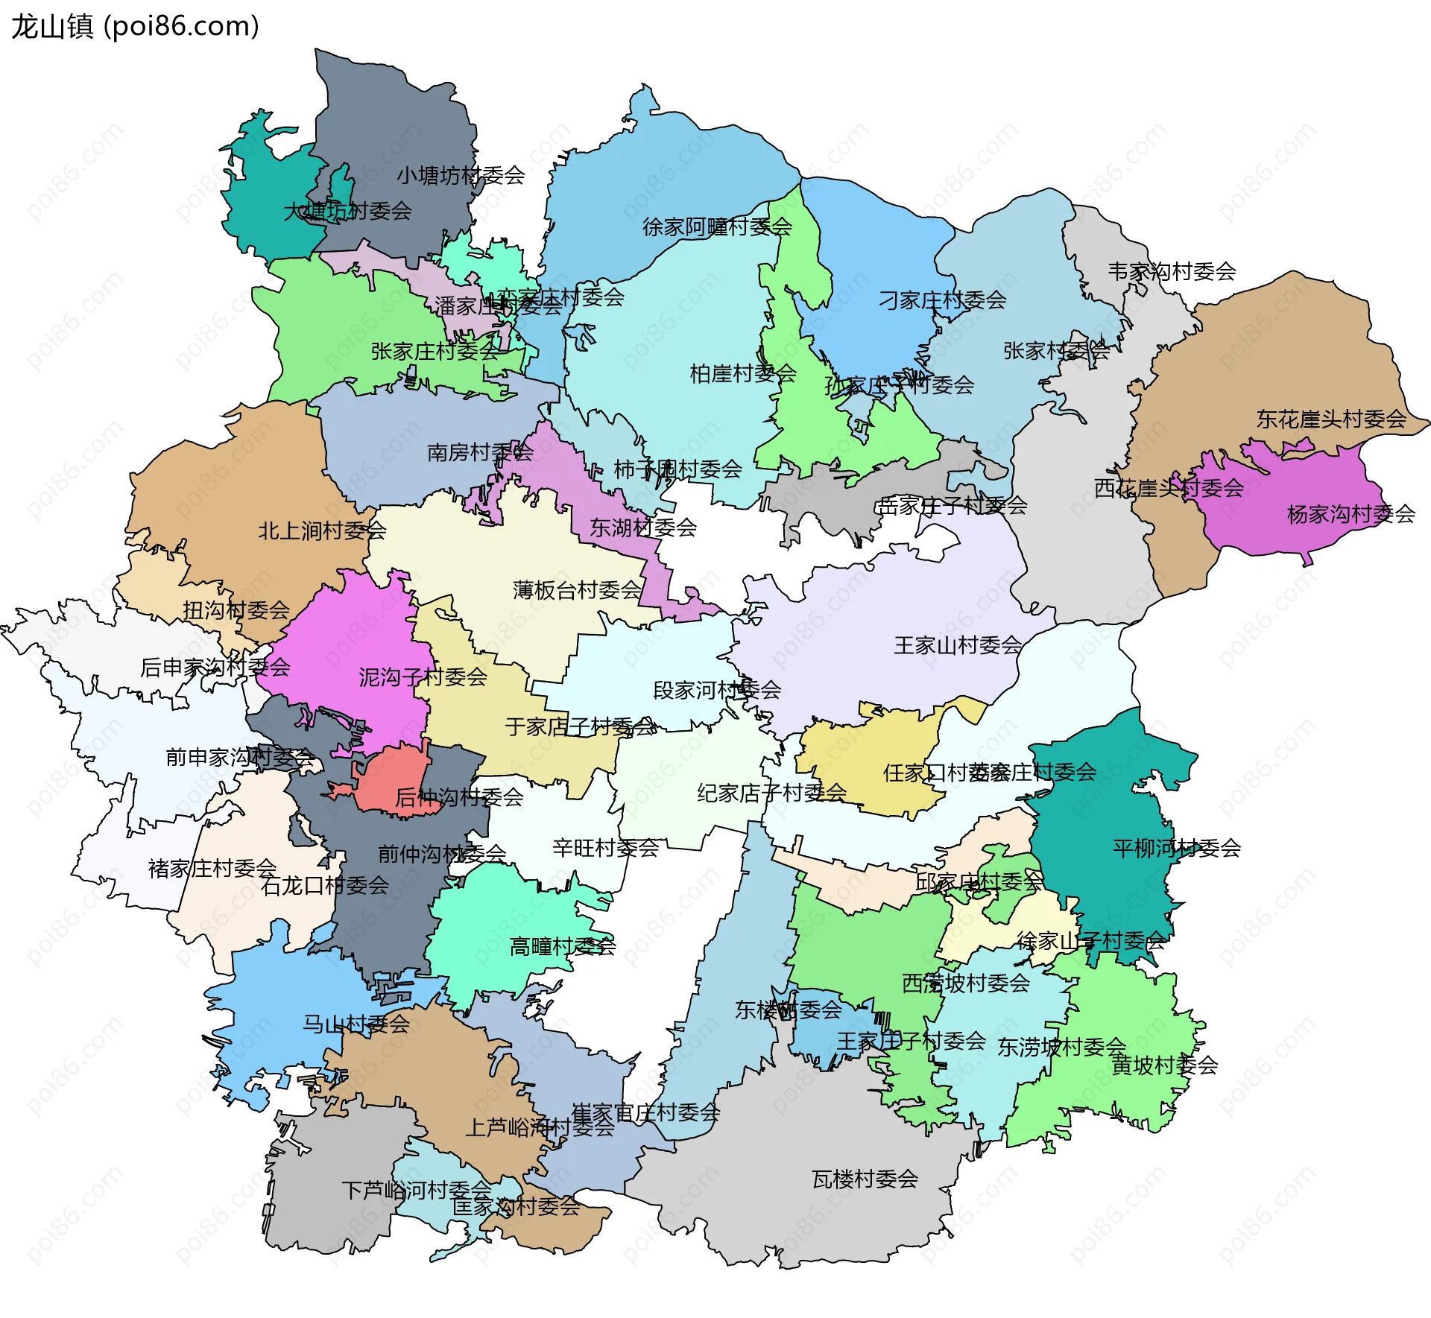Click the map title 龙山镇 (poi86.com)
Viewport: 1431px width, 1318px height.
[135, 27]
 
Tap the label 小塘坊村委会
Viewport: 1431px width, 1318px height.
[460, 176]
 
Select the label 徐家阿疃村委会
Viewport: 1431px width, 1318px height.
[716, 226]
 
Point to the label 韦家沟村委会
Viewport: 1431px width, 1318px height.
[1171, 271]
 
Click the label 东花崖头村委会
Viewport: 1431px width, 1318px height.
[1330, 419]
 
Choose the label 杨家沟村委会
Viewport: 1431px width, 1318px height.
[1351, 514]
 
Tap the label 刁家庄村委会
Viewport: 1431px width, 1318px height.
[942, 300]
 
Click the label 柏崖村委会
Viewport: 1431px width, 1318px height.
[742, 373]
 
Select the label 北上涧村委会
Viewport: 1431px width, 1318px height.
[321, 530]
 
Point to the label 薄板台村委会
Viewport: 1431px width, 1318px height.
[576, 590]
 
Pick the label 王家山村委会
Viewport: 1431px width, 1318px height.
[957, 645]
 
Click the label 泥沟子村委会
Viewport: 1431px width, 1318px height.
[423, 677]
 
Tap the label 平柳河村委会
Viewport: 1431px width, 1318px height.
[1176, 848]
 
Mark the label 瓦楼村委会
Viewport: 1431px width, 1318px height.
[865, 1179]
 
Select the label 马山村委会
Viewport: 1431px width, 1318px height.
[356, 1024]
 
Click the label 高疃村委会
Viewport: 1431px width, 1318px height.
[562, 947]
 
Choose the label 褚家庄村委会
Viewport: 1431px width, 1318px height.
[212, 869]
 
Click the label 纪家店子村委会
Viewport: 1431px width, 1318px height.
[771, 793]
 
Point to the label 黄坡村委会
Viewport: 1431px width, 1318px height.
[1164, 1065]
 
